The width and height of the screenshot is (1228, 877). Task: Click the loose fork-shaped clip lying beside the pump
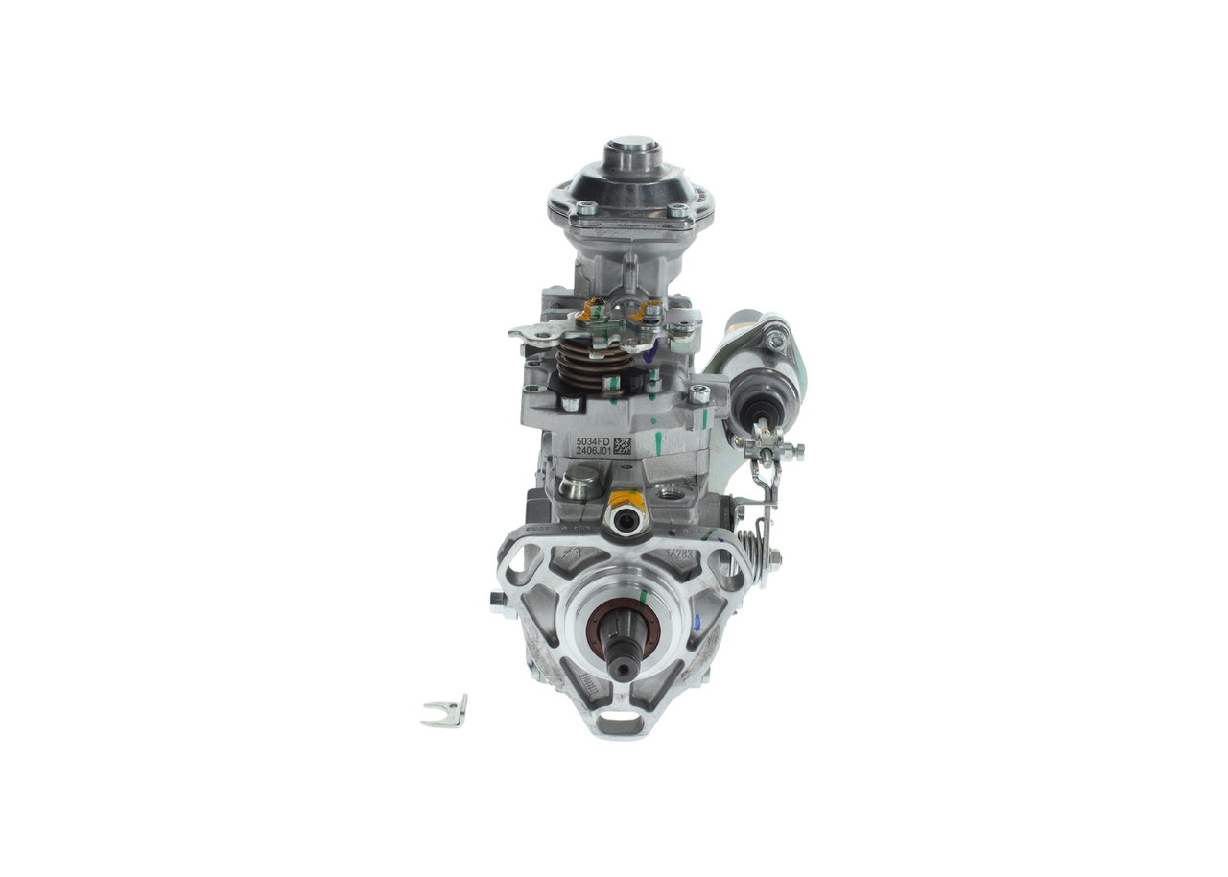pos(445,711)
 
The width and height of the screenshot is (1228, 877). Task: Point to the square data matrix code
pos(622,445)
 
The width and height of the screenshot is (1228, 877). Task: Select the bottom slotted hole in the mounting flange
pos(623,718)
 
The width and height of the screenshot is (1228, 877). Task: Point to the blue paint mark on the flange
pos(697,623)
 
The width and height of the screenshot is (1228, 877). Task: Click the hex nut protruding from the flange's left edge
pos(496,602)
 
